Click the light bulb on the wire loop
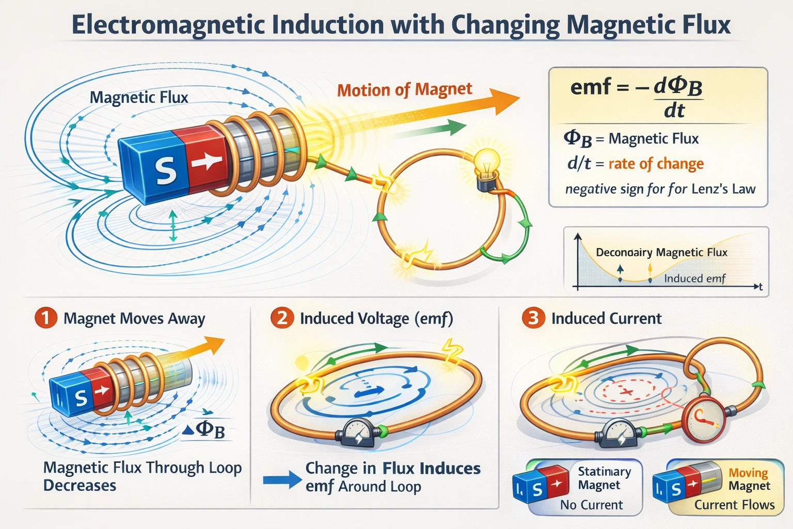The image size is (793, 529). click(487, 161)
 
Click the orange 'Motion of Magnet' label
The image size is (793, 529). click(404, 90)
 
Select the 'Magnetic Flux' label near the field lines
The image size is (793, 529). click(139, 97)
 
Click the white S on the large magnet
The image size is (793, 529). click(166, 171)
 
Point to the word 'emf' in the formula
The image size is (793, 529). click(590, 87)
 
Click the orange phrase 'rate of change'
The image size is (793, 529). click(656, 164)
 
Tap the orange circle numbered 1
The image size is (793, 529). click(46, 318)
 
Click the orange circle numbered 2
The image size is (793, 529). click(282, 318)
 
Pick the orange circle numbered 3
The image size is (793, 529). click(533, 318)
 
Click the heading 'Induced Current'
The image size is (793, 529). click(606, 318)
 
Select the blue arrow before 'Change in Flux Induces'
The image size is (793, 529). click(282, 479)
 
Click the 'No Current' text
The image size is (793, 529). click(591, 505)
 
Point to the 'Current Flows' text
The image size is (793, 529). click(734, 505)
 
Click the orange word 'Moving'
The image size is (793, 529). click(748, 472)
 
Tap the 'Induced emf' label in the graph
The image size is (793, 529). click(694, 278)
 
